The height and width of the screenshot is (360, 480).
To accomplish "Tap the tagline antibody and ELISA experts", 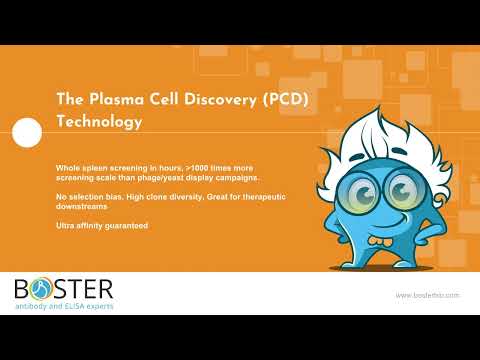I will [64, 306].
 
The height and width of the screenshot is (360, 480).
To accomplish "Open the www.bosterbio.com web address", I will [427, 295].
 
